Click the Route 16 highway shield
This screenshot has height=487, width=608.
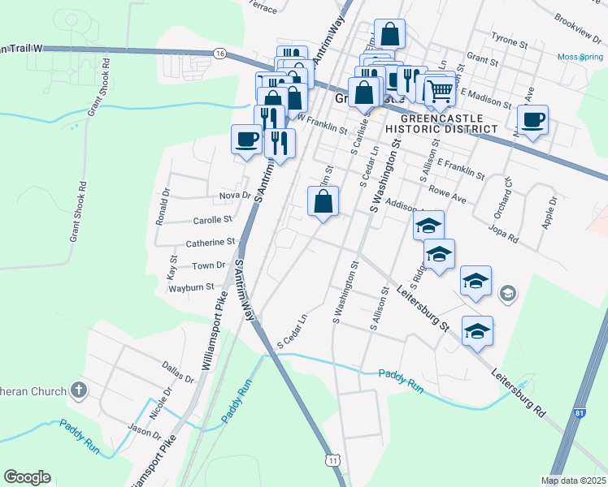click(219, 52)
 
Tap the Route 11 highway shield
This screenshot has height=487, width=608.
click(332, 460)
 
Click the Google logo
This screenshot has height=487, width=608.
click(27, 477)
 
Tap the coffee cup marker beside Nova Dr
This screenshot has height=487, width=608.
click(247, 140)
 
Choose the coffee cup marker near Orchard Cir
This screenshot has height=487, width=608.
click(532, 121)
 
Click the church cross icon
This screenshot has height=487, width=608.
click(78, 390)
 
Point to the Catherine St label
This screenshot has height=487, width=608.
click(210, 242)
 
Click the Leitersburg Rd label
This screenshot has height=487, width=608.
click(517, 394)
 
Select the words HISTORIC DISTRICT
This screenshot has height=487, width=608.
click(441, 129)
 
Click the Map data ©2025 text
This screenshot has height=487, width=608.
click(573, 481)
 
